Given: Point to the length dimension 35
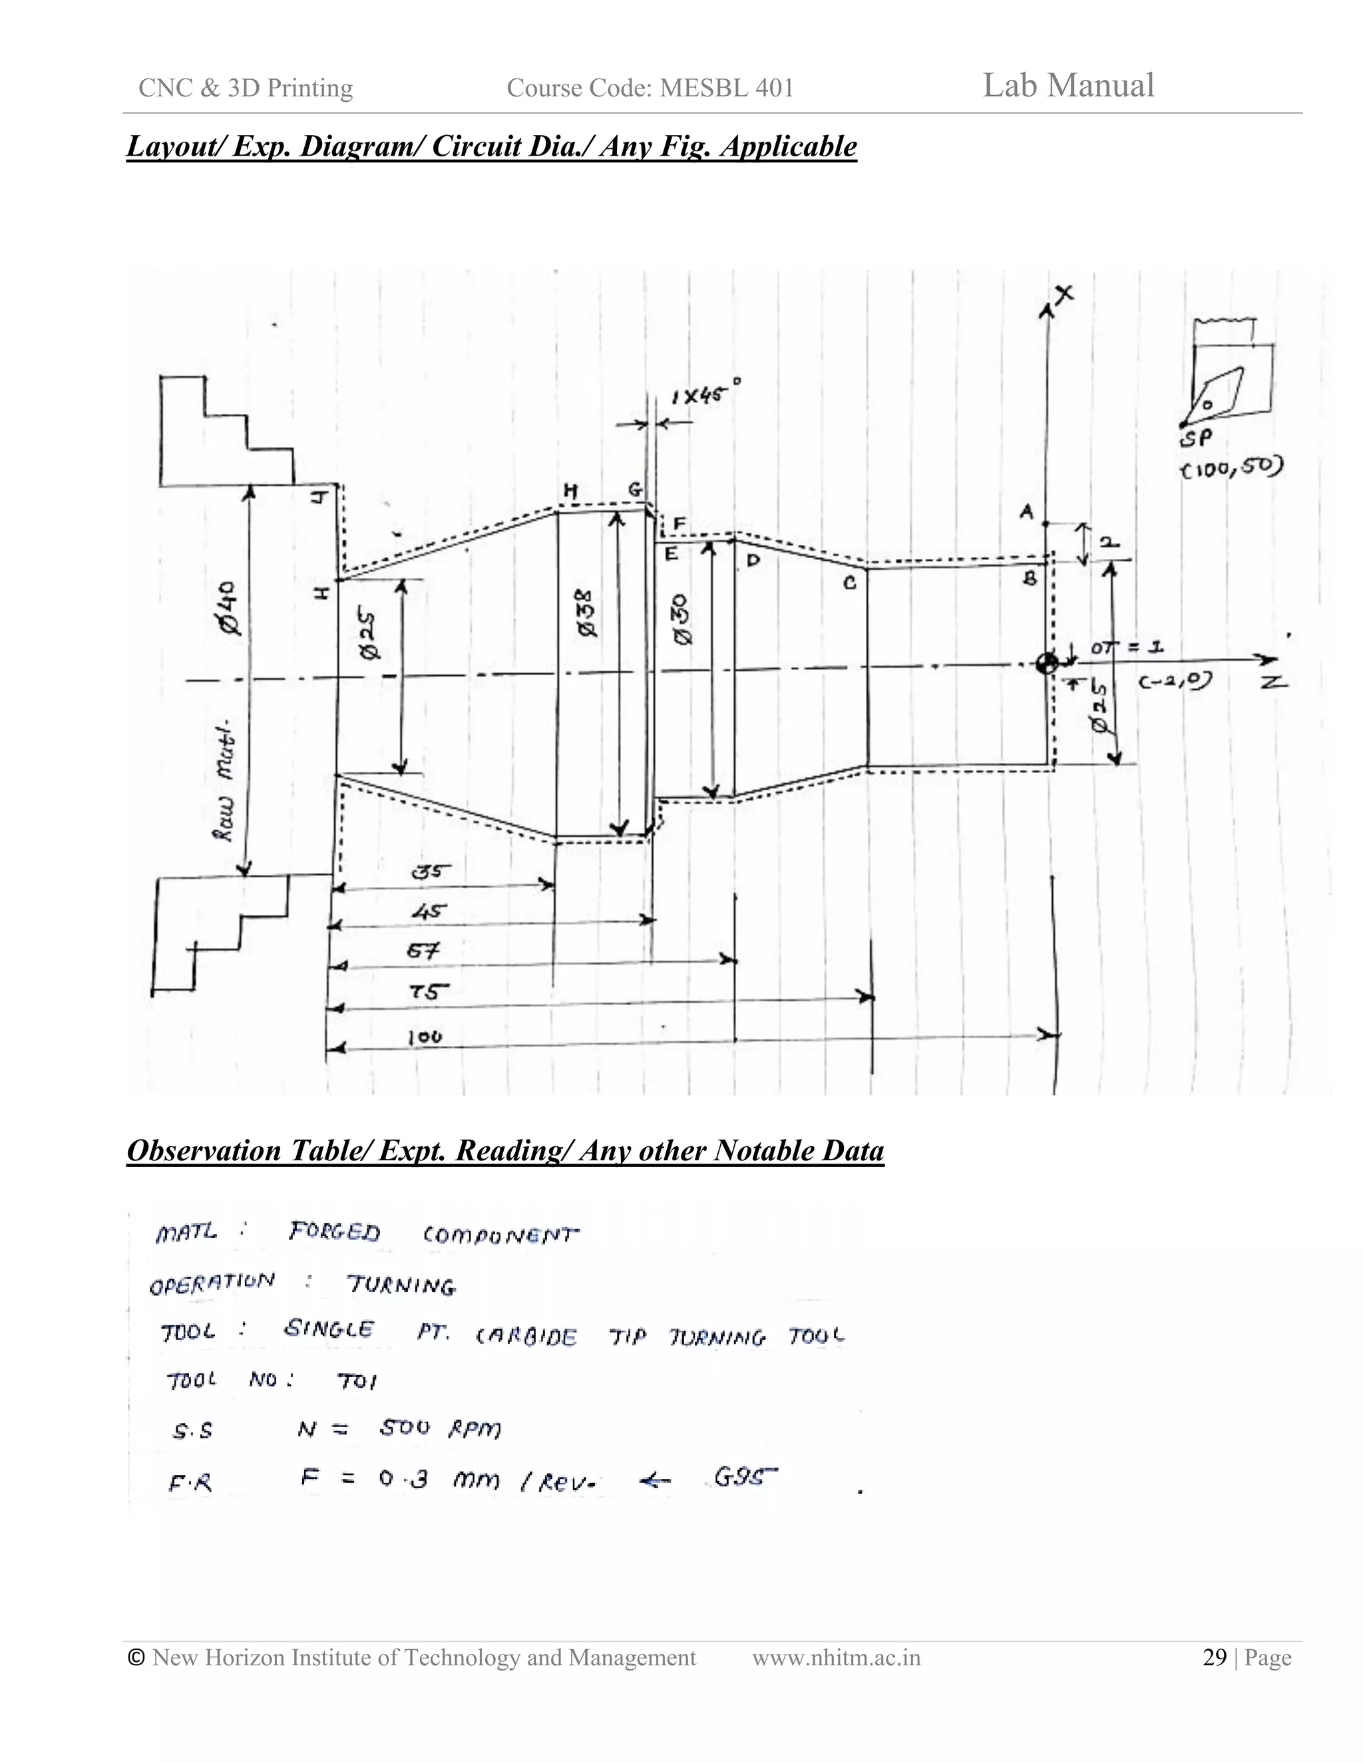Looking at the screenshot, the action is (431, 872).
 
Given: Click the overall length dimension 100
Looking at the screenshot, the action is (425, 1037).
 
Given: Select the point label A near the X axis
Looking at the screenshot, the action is (1026, 512).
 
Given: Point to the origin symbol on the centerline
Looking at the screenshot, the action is (1048, 663).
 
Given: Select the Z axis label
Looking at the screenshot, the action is (1275, 683).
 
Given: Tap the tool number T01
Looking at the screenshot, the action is (357, 1382).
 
